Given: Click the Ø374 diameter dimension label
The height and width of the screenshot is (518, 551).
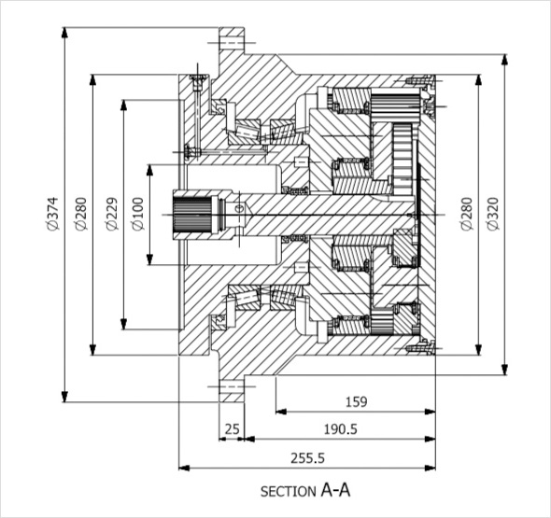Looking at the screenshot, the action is pyautogui.click(x=52, y=214).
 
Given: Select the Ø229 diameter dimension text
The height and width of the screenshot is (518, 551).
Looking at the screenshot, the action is pyautogui.click(x=112, y=215).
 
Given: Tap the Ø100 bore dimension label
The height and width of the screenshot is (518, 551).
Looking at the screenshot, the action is pyautogui.click(x=138, y=215).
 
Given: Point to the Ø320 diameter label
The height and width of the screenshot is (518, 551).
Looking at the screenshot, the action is pyautogui.click(x=493, y=214).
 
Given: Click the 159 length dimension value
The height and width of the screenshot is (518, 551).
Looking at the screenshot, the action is pyautogui.click(x=357, y=401).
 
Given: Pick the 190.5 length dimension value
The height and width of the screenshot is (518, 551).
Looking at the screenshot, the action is pyautogui.click(x=340, y=429).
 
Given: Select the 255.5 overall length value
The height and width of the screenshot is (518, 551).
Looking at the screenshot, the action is pyautogui.click(x=307, y=458).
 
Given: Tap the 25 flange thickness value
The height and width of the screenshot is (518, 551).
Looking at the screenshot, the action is pyautogui.click(x=232, y=429).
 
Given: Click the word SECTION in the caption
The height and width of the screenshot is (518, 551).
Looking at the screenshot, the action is pyautogui.click(x=289, y=491).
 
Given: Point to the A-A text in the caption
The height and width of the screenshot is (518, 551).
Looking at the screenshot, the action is pyautogui.click(x=335, y=490).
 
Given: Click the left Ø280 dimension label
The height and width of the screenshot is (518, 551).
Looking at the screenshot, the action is pyautogui.click(x=81, y=214).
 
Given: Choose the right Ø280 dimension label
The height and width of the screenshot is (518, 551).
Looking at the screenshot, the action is pyautogui.click(x=467, y=214).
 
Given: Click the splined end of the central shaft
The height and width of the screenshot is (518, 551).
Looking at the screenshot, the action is pyautogui.click(x=191, y=215).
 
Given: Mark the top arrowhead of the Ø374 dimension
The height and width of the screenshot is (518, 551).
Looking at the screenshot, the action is pyautogui.click(x=64, y=33).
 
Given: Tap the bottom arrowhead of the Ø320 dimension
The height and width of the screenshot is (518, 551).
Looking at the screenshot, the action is pyautogui.click(x=504, y=370).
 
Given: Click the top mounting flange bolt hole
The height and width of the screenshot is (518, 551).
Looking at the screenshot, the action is pyautogui.click(x=232, y=43).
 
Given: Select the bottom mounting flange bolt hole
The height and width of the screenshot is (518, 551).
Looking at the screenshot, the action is pyautogui.click(x=232, y=386).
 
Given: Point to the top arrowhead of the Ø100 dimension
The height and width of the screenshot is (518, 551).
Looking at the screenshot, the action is pyautogui.click(x=150, y=170).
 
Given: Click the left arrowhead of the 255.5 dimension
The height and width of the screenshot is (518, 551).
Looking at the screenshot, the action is pyautogui.click(x=185, y=468).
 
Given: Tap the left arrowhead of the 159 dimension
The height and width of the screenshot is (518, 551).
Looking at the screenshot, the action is pyautogui.click(x=281, y=412).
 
